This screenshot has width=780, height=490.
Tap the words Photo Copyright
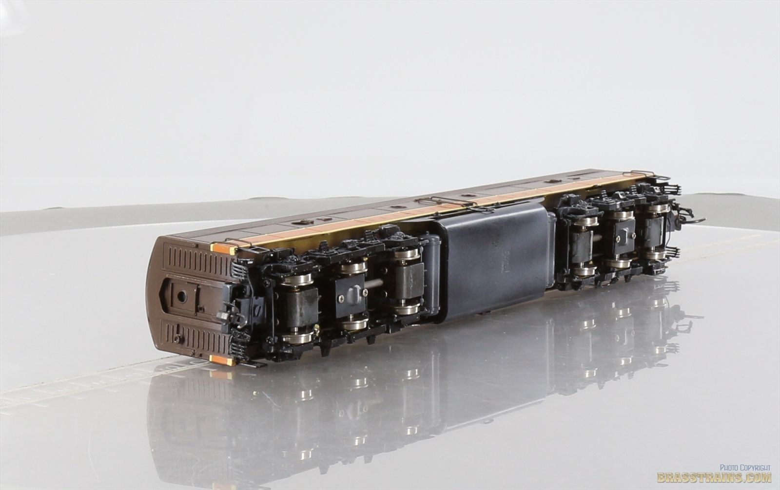pos(745,468)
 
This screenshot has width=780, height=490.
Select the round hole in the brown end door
pos(181,297)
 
